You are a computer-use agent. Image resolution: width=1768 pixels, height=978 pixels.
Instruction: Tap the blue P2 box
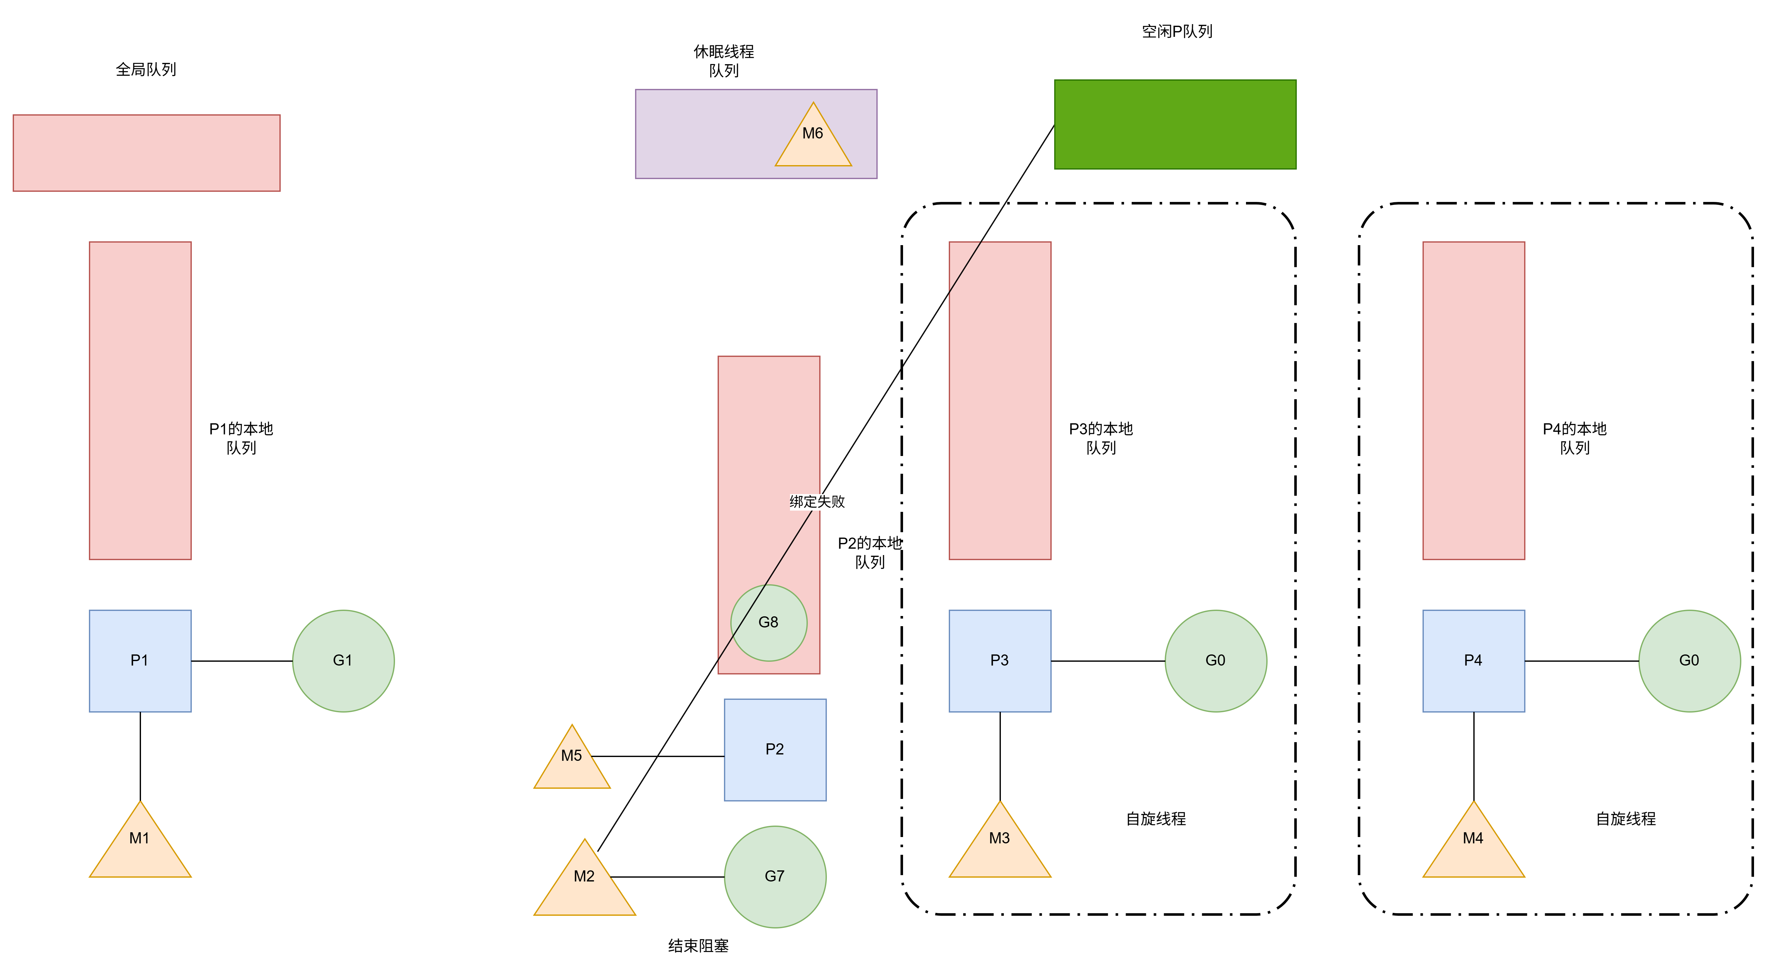(775, 749)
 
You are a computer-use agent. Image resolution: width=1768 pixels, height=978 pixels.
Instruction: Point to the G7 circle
(775, 876)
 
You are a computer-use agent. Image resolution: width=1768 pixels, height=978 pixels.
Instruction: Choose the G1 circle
(343, 660)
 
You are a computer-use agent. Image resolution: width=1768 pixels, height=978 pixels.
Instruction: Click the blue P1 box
(140, 660)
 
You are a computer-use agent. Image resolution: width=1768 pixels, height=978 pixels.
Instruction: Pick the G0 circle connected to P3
(1215, 660)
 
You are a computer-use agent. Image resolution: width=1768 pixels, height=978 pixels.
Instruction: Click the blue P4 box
(1474, 660)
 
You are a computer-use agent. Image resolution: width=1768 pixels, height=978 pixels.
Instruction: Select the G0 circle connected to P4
(1689, 660)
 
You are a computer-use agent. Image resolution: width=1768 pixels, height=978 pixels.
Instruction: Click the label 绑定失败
(817, 502)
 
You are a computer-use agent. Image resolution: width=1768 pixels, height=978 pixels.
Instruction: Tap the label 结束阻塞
(698, 946)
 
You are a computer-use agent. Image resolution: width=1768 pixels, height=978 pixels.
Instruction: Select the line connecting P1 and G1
(242, 661)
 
